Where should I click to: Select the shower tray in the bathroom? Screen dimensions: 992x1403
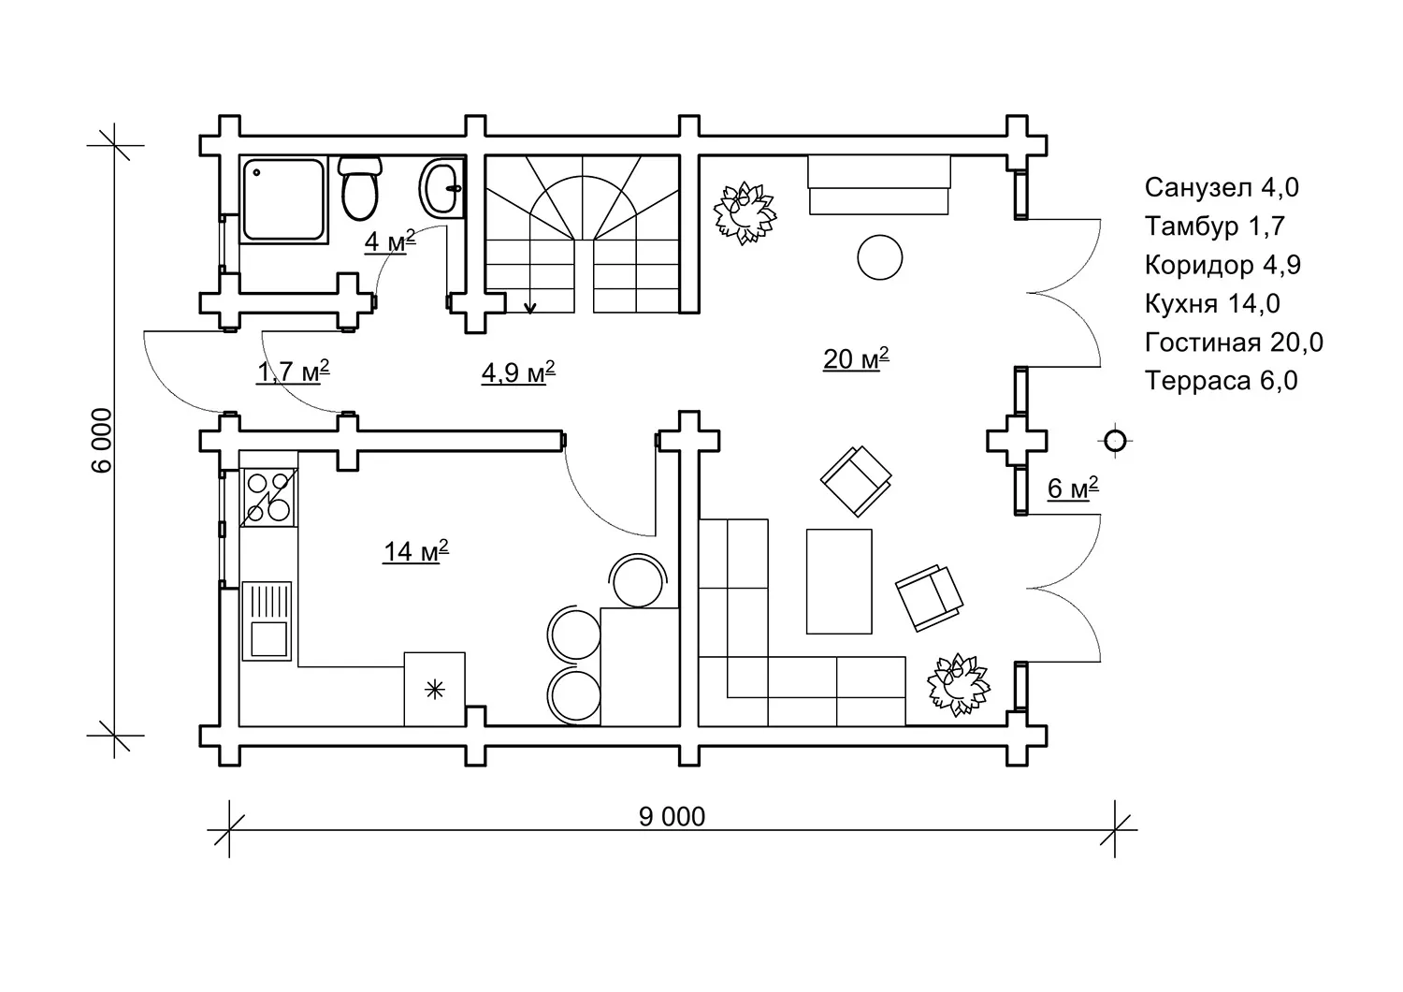pos(284,200)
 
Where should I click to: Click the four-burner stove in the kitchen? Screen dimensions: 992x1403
pos(268,495)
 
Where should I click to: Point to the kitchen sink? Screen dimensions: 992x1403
pos(267,620)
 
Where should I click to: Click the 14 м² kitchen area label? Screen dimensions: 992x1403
pos(415,551)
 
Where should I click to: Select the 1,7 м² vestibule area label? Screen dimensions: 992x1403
pos(293,372)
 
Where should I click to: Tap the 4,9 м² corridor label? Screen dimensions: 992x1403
pos(518,372)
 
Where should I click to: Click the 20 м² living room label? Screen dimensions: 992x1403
pos(855,358)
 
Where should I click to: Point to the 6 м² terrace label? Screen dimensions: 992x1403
pos(1071,489)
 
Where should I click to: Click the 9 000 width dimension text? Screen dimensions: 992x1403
pos(672,817)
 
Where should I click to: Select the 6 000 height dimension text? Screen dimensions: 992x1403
pos(104,440)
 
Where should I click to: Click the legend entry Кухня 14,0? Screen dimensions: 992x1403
pos(1212,303)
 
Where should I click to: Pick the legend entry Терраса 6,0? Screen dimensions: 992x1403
pos(1221,381)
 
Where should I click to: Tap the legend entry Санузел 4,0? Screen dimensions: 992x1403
pos(1222,187)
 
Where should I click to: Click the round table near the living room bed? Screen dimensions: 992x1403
pos(879,256)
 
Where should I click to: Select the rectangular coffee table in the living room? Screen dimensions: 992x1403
pos(839,580)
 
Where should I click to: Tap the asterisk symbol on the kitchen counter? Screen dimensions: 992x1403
pos(434,691)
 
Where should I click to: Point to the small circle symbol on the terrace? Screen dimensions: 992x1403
pos(1113,441)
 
